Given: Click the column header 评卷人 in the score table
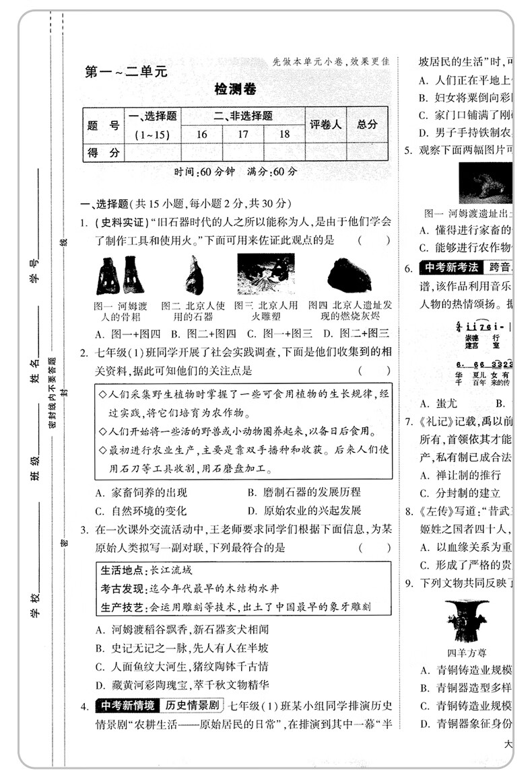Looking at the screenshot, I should click(326, 124).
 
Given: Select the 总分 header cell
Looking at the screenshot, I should click(368, 124).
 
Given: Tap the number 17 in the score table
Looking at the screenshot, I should click(243, 134).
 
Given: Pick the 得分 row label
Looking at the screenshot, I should click(104, 153).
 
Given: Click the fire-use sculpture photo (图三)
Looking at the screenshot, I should click(265, 274).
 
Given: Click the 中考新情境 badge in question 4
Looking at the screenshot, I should click(126, 706).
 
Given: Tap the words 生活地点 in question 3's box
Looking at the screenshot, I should click(123, 570).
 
